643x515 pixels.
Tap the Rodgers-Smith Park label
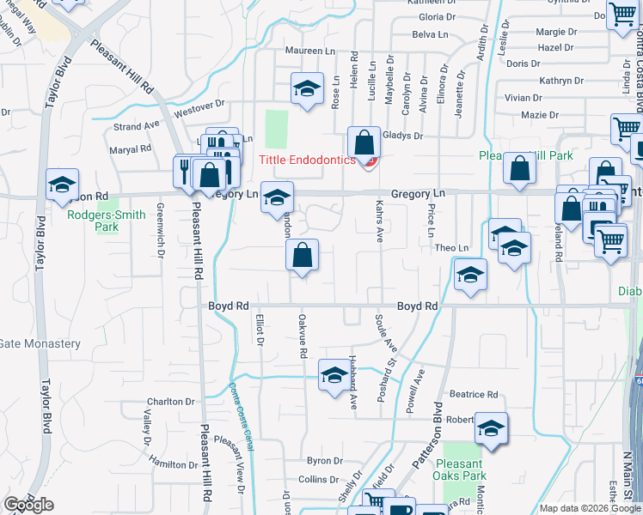(107, 221)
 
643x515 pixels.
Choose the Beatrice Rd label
(474, 395)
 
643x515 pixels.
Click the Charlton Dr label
(170, 402)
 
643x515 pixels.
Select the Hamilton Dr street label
(173, 464)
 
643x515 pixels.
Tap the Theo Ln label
(451, 248)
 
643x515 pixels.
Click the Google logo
(28, 505)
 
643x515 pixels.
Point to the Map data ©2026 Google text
(591, 508)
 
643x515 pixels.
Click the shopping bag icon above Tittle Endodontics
(364, 143)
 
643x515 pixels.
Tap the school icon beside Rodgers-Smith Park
(62, 185)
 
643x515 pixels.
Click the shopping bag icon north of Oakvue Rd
(302, 255)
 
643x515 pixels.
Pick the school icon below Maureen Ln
(306, 88)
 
